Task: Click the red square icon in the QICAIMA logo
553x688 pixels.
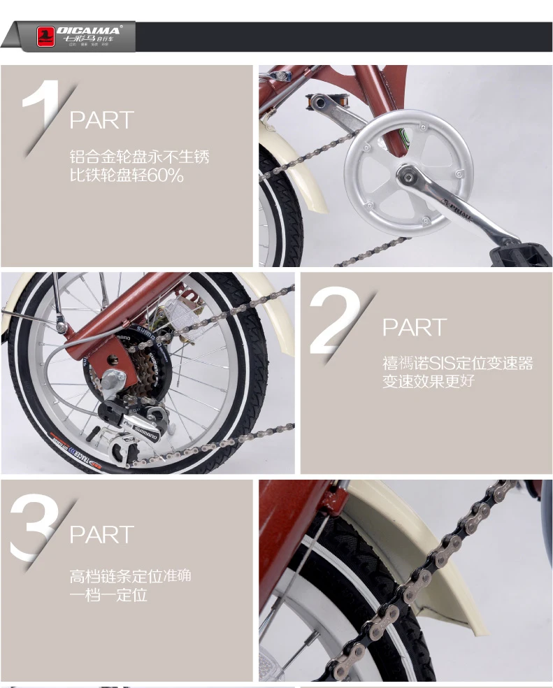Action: [x=46, y=36]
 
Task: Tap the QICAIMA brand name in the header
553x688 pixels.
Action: [x=89, y=30]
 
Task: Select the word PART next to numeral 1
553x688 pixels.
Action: [x=101, y=120]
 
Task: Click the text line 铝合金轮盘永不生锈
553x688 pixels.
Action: [x=139, y=157]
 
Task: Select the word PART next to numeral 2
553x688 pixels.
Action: [x=414, y=327]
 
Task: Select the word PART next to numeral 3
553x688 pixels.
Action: [x=101, y=535]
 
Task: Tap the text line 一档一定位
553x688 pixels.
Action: [x=108, y=596]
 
